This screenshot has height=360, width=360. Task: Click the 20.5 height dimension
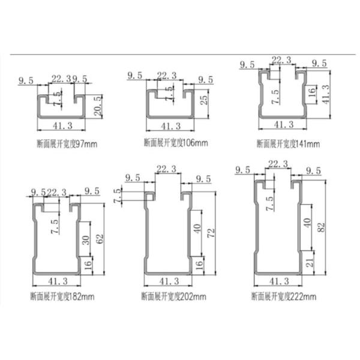pos(98,106)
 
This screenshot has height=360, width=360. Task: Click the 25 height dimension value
pos(204,100)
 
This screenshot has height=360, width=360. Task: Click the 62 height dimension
pos(101,239)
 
